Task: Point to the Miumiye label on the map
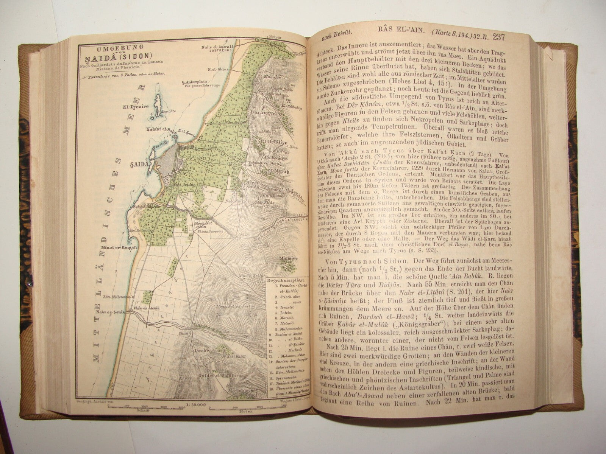pos(286,258)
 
